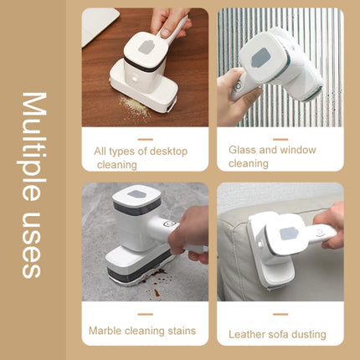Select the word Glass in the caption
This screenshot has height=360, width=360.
242,150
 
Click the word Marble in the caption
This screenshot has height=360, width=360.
107,330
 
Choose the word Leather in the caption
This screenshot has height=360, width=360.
249,333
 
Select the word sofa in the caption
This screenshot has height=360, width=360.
281,333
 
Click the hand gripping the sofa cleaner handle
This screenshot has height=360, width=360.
333,224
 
